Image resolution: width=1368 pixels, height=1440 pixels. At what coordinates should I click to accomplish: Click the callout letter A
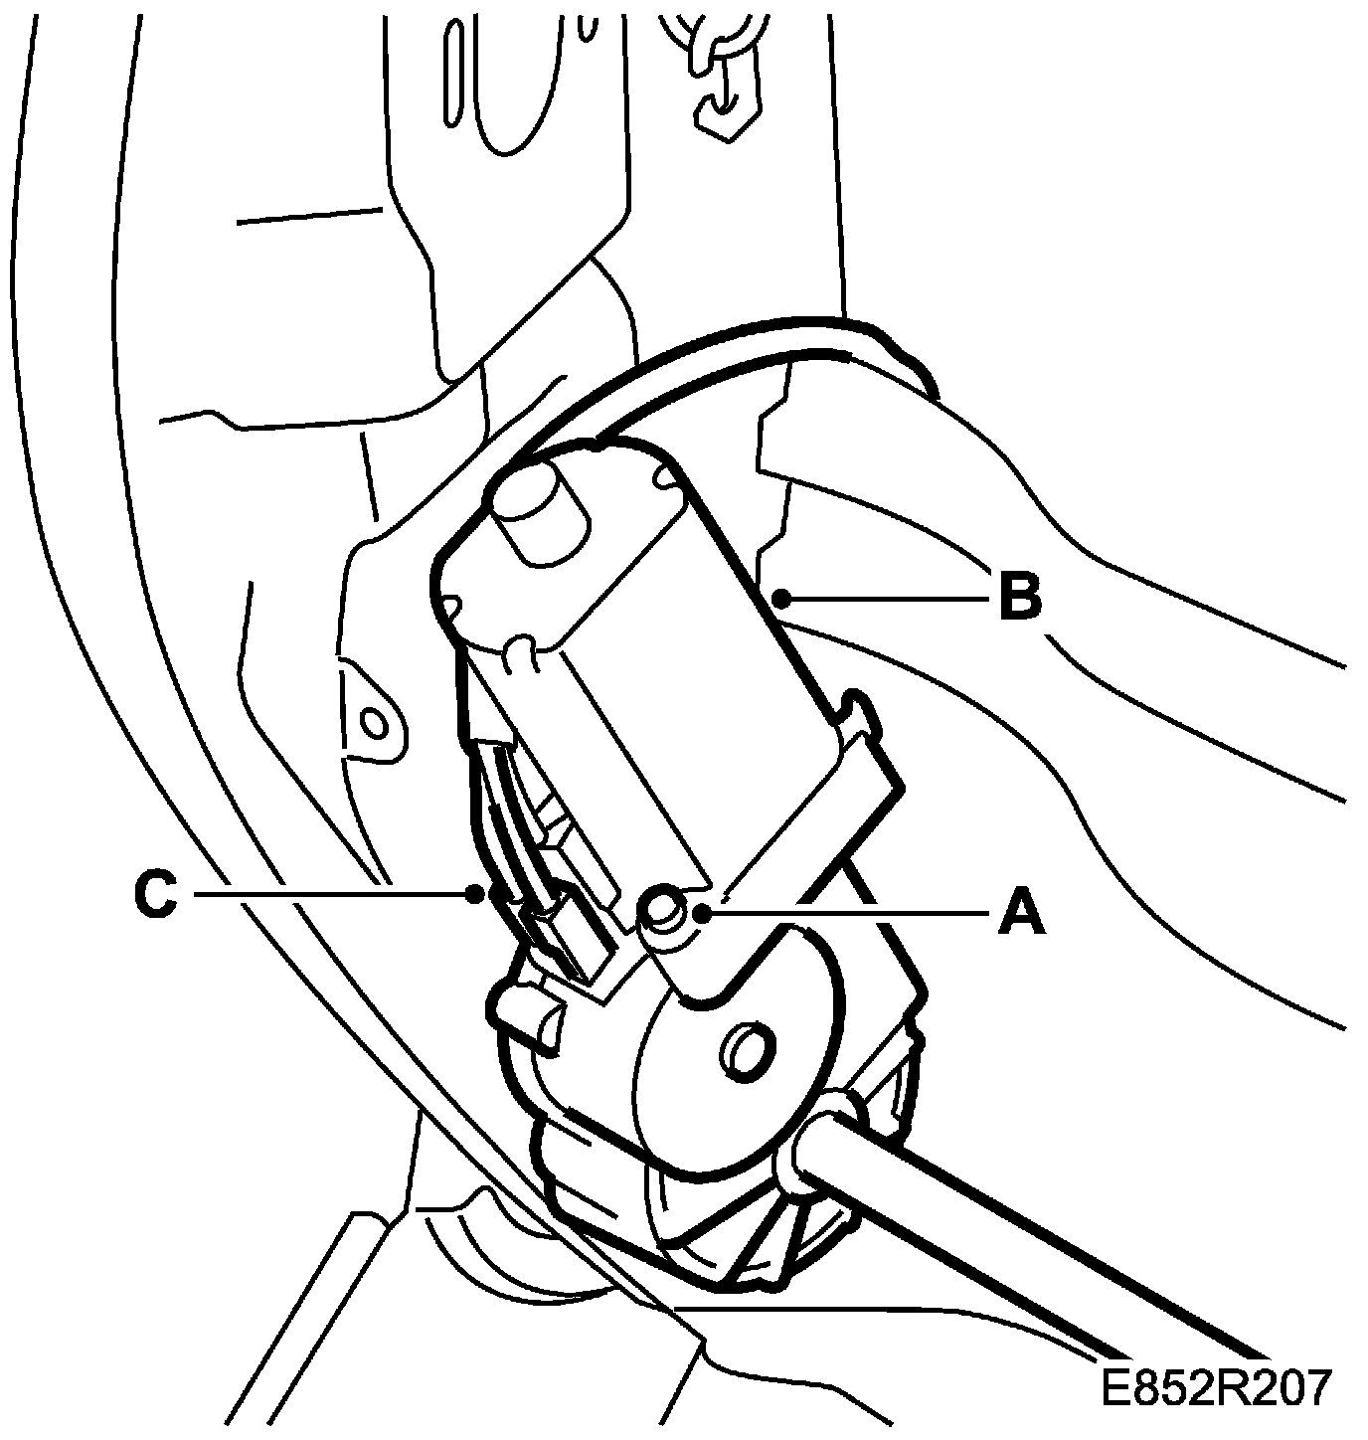coord(1021,912)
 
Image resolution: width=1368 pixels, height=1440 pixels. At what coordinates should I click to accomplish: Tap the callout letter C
coord(155,895)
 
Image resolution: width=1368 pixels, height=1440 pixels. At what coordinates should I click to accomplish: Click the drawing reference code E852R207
coord(1215,1387)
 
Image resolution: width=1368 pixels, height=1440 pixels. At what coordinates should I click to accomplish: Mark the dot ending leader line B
coord(782,599)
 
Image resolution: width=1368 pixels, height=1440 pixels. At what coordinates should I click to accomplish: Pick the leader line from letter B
coord(885,599)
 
